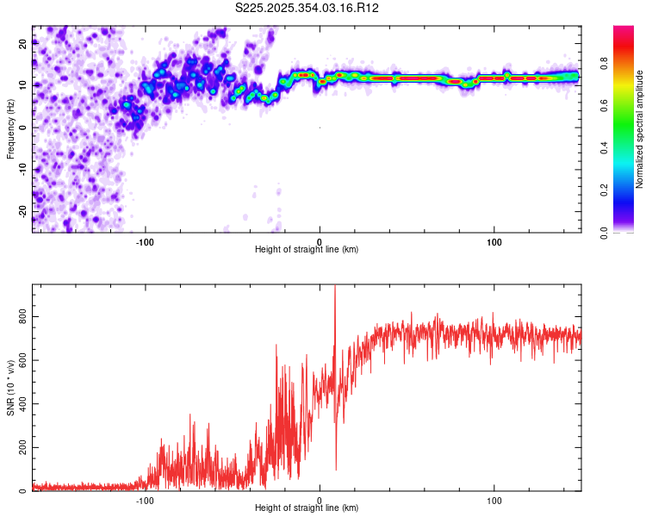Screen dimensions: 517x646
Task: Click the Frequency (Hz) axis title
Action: tap(10, 128)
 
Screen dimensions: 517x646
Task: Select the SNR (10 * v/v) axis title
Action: tap(10, 387)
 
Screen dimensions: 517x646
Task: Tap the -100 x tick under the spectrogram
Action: tap(145, 241)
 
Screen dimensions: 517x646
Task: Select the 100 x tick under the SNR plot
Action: tap(494, 500)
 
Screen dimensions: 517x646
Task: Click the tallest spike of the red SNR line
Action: tap(334, 288)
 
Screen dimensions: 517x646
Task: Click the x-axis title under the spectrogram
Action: tap(307, 250)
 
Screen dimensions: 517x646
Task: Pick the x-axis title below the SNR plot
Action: tap(307, 508)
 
